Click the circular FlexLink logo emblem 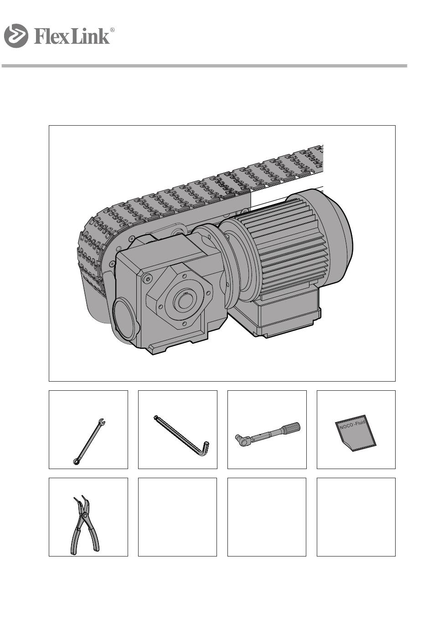pyautogui.click(x=16, y=36)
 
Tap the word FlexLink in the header pyautogui.click(x=72, y=36)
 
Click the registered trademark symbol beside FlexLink pyautogui.click(x=112, y=30)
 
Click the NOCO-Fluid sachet pyautogui.click(x=355, y=433)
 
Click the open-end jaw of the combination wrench pyautogui.click(x=102, y=421)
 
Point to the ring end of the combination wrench pyautogui.click(x=76, y=462)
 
